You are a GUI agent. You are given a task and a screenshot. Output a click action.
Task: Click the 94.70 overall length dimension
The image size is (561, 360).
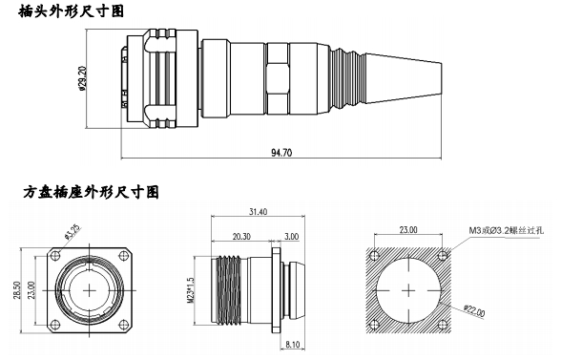click(x=281, y=153)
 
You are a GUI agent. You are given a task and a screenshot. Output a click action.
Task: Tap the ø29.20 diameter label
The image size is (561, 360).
click(x=82, y=78)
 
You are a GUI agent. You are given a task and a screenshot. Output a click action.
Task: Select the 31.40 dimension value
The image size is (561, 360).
click(x=258, y=212)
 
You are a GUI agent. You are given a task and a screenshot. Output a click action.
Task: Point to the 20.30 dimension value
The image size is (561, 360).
click(x=241, y=237)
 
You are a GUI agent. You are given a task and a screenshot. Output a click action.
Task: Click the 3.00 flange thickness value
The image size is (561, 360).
click(x=291, y=237)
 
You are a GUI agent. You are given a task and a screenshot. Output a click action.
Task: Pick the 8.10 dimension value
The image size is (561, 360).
click(x=293, y=345)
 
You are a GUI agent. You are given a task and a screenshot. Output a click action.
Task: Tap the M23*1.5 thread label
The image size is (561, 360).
click(x=191, y=290)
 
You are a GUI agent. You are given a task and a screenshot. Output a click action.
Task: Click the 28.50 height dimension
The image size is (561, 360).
click(x=17, y=290)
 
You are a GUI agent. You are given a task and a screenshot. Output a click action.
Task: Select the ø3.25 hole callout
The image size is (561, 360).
click(x=73, y=231)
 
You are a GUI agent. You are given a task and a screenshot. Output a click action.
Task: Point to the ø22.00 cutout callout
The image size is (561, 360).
click(x=474, y=310)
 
